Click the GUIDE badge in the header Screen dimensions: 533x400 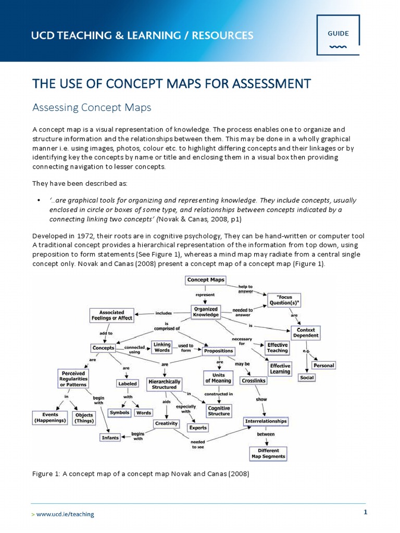338,34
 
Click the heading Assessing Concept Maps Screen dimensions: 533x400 92,108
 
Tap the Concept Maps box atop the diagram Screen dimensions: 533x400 206,280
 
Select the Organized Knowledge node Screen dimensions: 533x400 206,312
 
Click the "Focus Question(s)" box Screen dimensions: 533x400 284,300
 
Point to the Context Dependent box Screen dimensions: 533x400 306,333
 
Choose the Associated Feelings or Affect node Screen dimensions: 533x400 111,315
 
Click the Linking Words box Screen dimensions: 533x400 161,347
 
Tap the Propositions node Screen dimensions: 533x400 219,351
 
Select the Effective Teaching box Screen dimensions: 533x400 278,348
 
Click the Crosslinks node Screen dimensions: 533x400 254,380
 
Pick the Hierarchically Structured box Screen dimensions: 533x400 164,384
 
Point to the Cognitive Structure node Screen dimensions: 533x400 219,411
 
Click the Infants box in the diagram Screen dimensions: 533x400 110,438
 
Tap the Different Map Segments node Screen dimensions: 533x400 268,453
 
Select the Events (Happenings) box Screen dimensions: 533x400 50,417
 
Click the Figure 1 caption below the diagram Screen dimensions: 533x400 141,474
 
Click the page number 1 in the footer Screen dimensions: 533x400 365,512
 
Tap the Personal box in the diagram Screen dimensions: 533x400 323,365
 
